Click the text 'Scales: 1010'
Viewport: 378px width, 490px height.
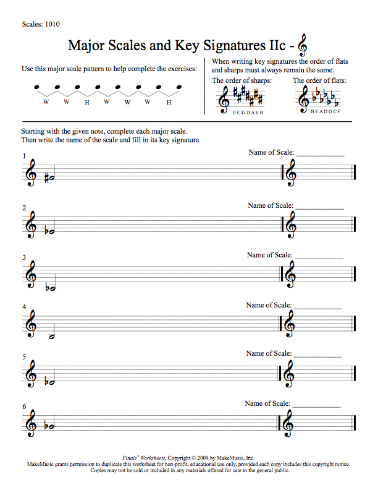[40, 25]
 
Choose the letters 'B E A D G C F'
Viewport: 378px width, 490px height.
[319, 113]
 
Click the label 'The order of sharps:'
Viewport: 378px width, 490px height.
[241, 80]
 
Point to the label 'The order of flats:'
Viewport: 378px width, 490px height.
[319, 80]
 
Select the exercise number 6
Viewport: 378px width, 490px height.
[24, 406]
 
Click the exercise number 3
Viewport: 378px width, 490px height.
[24, 257]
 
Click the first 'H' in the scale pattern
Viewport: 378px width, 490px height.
[87, 102]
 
